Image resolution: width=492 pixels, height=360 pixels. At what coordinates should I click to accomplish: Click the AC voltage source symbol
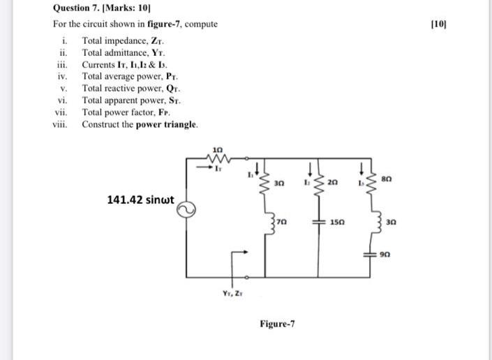pos(186,208)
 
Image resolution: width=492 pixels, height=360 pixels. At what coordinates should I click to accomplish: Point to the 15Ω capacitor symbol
pos(318,221)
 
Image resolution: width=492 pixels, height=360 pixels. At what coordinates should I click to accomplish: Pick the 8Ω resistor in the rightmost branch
pos(371,183)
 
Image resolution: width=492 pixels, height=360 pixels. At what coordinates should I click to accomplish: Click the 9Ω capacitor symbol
pos(371,254)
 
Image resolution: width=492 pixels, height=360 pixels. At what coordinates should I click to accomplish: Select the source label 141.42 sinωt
pos(140,200)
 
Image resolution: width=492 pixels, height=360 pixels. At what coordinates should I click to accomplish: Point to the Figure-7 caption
pos(277,324)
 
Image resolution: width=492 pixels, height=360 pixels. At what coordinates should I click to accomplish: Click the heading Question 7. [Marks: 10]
pos(102,10)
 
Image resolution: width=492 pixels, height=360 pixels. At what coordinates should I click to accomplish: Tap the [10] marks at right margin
pos(439,24)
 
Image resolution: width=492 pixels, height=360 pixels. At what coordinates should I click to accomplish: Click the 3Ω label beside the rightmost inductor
pos(391,222)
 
